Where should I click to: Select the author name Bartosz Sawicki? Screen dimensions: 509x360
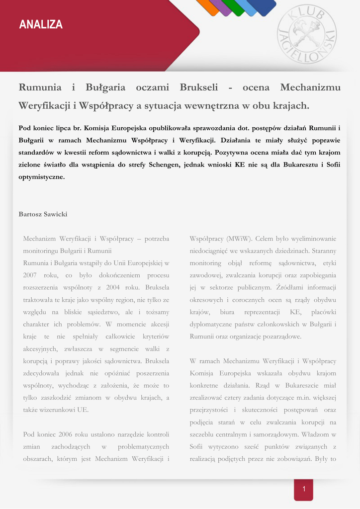click(43, 214)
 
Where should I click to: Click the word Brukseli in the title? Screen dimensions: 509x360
click(199, 88)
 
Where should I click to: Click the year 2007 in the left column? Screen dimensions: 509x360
click(31, 275)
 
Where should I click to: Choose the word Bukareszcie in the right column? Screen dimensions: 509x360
click(302, 385)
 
